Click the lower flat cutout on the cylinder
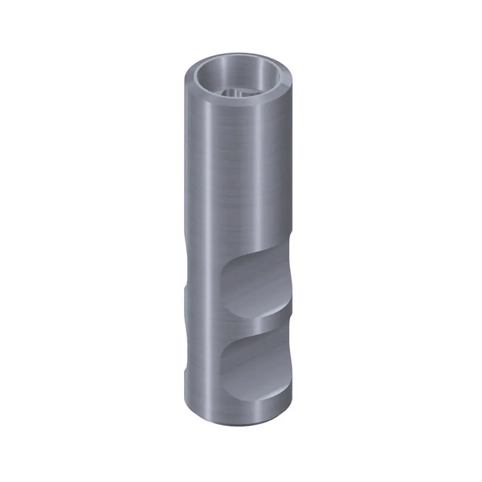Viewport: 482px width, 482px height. pos(253,361)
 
